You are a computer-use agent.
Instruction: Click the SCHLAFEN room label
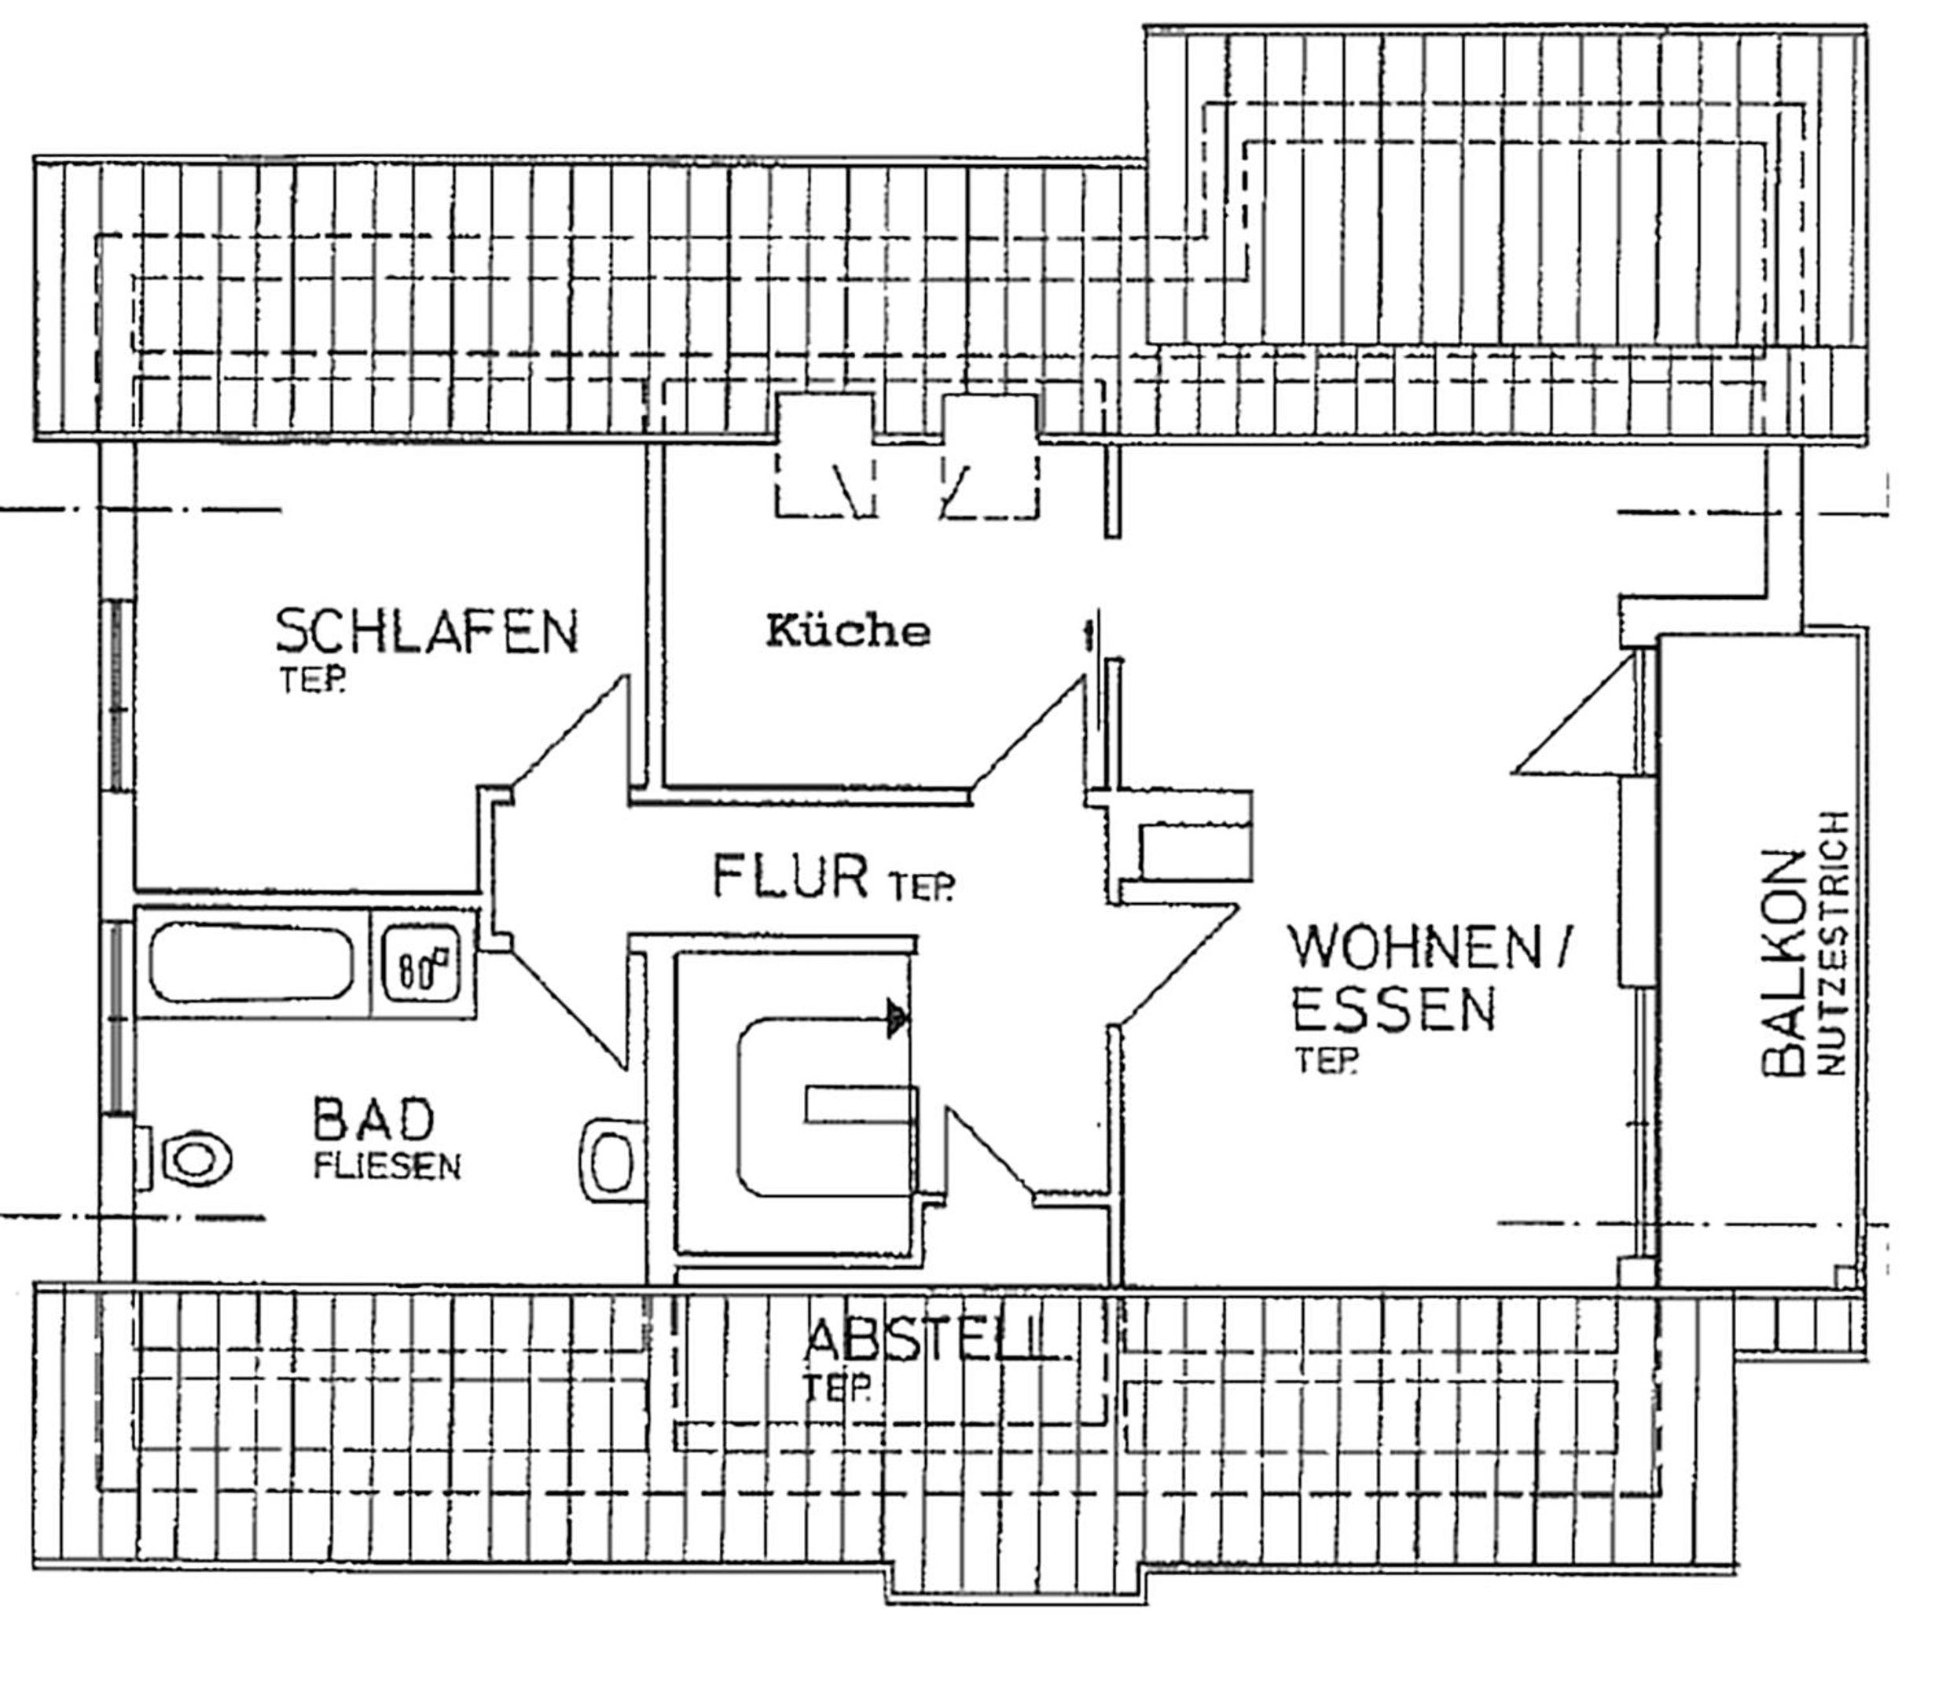427,631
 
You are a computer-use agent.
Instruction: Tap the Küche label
848,630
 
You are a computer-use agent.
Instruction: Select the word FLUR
791,876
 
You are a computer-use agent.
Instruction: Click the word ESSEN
1393,1010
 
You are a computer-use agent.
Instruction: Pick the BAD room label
373,1120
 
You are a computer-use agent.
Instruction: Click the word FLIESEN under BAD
387,1167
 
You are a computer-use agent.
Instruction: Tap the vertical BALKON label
1783,963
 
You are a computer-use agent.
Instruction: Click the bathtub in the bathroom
252,963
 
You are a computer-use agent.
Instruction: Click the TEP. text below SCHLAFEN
311,681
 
